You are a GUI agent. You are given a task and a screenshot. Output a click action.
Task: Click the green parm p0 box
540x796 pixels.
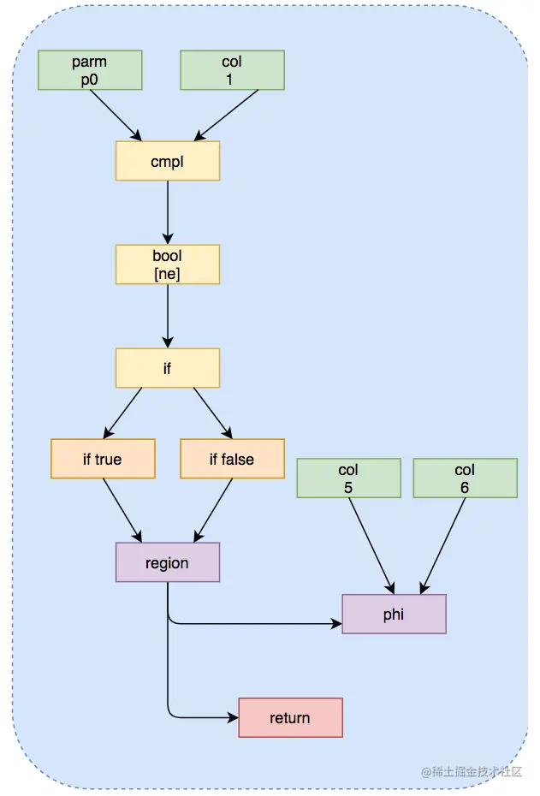(90, 70)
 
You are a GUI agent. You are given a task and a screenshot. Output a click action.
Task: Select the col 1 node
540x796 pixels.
(233, 70)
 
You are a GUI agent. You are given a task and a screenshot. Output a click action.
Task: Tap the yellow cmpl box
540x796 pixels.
(168, 161)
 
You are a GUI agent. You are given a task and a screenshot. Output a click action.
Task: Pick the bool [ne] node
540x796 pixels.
(168, 264)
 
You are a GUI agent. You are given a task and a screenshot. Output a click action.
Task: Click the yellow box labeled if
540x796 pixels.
(168, 368)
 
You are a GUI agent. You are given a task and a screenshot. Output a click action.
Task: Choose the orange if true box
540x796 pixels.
(103, 459)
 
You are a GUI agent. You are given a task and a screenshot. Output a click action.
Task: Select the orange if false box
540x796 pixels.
(233, 459)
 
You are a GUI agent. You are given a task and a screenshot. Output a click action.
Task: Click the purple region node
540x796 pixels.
(168, 562)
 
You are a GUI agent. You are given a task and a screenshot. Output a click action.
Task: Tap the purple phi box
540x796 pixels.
(395, 614)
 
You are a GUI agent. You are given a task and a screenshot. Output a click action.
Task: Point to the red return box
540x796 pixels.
(291, 717)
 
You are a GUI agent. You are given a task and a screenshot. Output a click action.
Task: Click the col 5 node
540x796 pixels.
(348, 478)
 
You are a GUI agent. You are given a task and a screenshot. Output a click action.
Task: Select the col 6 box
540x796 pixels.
(466, 478)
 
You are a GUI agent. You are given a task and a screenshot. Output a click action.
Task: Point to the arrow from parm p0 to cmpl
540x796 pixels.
(116, 116)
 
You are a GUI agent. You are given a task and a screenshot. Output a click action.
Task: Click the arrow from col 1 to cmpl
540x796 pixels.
(226, 116)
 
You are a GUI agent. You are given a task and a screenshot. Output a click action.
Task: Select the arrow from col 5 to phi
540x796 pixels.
(371, 546)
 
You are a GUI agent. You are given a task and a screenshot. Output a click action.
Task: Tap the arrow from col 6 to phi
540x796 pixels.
(442, 546)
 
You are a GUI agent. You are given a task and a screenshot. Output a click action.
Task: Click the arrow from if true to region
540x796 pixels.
(122, 510)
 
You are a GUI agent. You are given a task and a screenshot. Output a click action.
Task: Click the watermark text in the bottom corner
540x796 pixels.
(472, 772)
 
